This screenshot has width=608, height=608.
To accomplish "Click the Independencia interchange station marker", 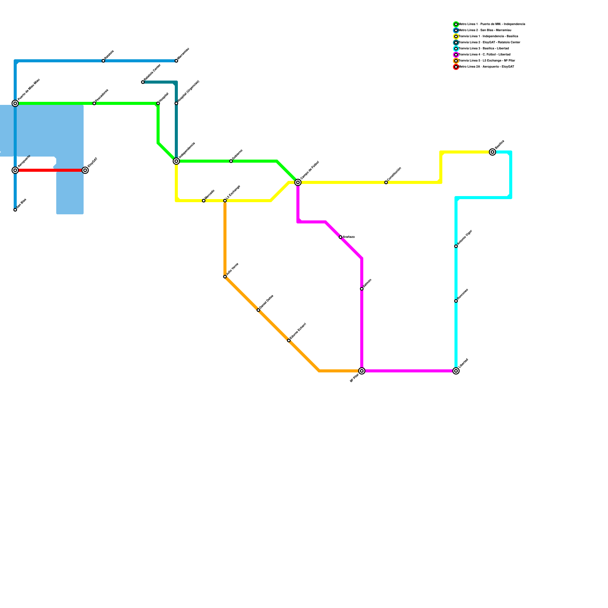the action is pyautogui.click(x=176, y=161).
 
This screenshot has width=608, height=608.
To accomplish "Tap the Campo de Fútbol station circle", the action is pyautogui.click(x=298, y=182).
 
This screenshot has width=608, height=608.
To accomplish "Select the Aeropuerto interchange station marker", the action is pyautogui.click(x=15, y=170).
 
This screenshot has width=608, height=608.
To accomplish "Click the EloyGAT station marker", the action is pyautogui.click(x=85, y=170).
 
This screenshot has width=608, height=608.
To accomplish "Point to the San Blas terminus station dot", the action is pyautogui.click(x=15, y=210).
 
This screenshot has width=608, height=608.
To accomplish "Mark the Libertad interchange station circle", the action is pyautogui.click(x=456, y=371).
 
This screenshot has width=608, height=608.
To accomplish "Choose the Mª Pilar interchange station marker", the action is pyautogui.click(x=362, y=371).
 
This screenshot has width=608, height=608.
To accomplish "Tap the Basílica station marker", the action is pyautogui.click(x=492, y=152).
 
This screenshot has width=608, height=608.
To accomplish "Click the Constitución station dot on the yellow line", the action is pyautogui.click(x=386, y=182).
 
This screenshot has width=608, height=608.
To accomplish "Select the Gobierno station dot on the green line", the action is pyautogui.click(x=231, y=161).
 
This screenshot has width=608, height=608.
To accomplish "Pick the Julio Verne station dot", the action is pyautogui.click(x=225, y=277).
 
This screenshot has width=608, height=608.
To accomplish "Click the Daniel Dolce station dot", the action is pyautogui.click(x=258, y=310).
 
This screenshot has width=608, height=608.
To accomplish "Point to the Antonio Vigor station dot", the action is pyautogui.click(x=456, y=246).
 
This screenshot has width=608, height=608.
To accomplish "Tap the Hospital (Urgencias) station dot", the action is pyautogui.click(x=176, y=103).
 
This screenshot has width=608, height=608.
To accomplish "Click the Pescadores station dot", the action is pyautogui.click(x=94, y=103).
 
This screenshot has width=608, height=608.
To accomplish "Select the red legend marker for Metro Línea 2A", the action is pyautogui.click(x=456, y=67).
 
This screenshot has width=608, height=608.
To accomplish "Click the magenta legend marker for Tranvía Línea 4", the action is pyautogui.click(x=456, y=55).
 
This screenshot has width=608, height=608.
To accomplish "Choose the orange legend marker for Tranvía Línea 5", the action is pyautogui.click(x=456, y=61).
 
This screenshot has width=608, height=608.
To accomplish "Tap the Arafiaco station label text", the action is pyautogui.click(x=348, y=237).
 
